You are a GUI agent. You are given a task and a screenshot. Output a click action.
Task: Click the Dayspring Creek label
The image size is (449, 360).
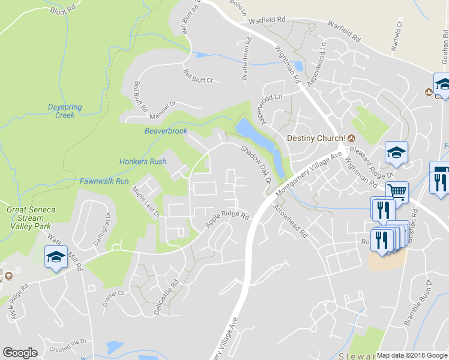tap(65, 111)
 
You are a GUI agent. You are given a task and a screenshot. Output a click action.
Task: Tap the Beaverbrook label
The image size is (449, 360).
tap(166, 131)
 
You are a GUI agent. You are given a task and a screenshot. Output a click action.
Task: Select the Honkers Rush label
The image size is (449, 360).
tap(143, 161)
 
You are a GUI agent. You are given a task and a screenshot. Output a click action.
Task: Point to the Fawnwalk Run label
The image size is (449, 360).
tap(104, 181)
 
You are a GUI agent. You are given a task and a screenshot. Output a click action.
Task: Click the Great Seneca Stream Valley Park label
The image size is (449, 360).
tap(31, 218)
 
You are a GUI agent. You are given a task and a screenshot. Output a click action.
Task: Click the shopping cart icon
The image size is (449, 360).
tap(397, 192)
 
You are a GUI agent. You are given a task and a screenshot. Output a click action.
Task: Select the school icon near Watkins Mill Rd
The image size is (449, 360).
tap(56, 258)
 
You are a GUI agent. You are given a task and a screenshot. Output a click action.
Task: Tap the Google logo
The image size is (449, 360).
tap(20, 353)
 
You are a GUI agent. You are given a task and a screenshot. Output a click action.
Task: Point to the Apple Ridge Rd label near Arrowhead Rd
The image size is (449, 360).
tap(228, 219)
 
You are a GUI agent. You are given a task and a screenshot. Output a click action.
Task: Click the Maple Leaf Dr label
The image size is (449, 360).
tap(146, 201)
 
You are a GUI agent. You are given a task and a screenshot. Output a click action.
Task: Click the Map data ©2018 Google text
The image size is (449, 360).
tap(412, 355)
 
